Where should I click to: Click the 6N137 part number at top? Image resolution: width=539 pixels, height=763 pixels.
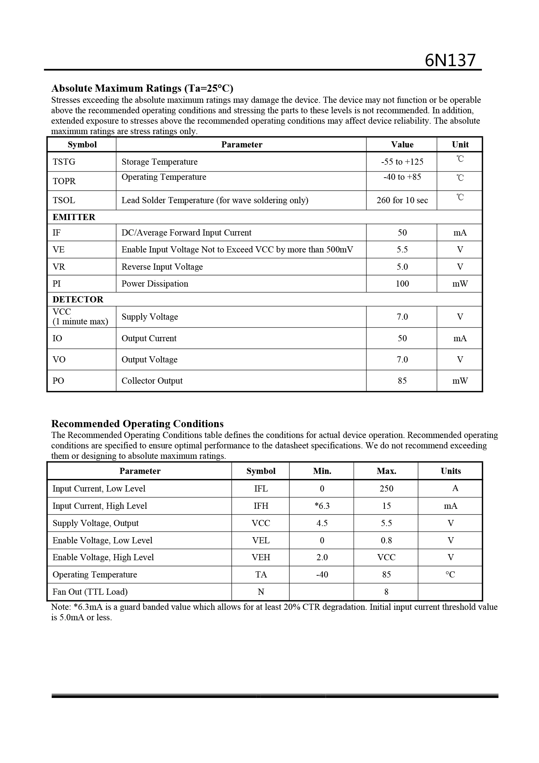[x=450, y=60]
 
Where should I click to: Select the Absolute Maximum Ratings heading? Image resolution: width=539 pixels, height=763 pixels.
[x=142, y=88]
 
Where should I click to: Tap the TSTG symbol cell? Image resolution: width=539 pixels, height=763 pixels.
[x=64, y=162]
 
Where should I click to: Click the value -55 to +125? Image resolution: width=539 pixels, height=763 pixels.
[x=402, y=162]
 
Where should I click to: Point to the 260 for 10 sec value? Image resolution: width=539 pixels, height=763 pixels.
[x=402, y=200]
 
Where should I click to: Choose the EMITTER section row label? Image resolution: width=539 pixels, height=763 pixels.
[x=74, y=217]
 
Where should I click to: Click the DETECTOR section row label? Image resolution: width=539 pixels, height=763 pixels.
[x=78, y=300]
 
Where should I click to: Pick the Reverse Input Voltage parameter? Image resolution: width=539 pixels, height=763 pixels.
[x=162, y=267]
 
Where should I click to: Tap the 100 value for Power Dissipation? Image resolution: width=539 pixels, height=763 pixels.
[x=402, y=284]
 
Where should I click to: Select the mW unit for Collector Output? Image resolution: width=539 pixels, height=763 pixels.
[x=460, y=381]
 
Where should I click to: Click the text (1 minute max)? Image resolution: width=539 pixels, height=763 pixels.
[x=80, y=321]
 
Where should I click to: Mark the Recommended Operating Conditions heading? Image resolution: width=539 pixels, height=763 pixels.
[x=137, y=424]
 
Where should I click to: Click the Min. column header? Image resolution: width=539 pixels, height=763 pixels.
[x=322, y=471]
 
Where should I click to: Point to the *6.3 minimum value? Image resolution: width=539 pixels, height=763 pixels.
[x=322, y=506]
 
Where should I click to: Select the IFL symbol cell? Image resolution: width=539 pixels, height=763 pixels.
[x=261, y=489]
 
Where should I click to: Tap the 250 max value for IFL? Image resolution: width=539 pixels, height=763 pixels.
[x=386, y=489]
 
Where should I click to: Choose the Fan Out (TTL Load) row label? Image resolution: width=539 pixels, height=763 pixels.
[x=90, y=592]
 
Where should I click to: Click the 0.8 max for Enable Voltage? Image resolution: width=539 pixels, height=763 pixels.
[x=386, y=540]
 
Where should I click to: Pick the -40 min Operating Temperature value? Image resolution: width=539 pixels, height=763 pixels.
[x=322, y=575]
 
